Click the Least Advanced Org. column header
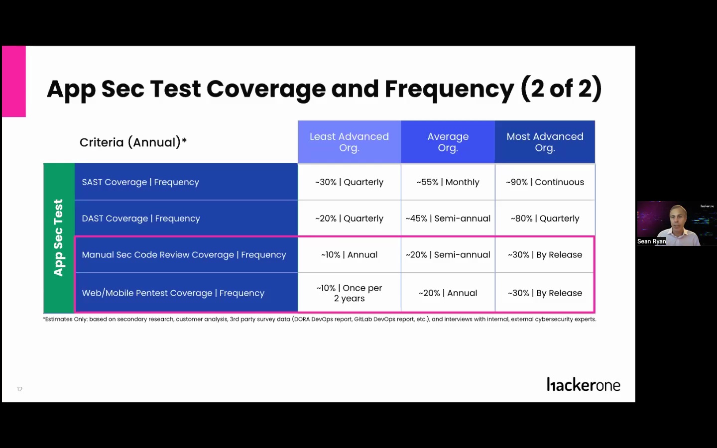coord(349,142)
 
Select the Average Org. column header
coord(448,142)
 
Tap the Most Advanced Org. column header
coord(545,142)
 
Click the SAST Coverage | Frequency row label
coord(140,182)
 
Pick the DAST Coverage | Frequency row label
coord(141,219)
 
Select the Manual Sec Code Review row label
coord(184,255)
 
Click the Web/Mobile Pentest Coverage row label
coord(173,293)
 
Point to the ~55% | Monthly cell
coord(448,182)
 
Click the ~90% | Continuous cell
coord(545,182)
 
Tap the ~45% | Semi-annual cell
coord(448,219)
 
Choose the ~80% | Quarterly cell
coord(545,219)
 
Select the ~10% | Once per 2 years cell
coord(349,293)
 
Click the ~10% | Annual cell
coord(349,255)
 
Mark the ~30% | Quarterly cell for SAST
coord(349,182)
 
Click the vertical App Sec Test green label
coord(59,238)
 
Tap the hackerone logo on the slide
coord(583,385)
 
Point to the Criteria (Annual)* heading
coord(133,142)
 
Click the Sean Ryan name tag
coord(651,241)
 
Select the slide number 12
coord(20,389)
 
